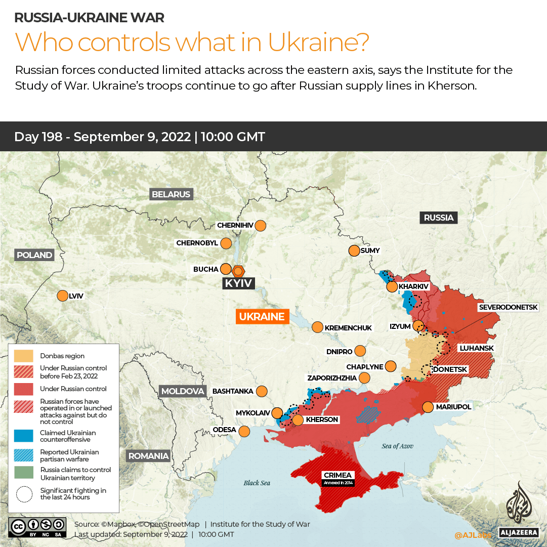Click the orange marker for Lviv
coord(63,296)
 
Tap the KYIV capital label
coord(238,283)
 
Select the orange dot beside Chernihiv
coord(261,225)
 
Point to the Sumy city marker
coord(354,250)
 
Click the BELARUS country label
coord(171,194)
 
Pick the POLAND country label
coord(34,255)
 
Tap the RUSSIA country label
coord(438,218)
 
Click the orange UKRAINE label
coord(262,317)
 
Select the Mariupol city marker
coord(428,407)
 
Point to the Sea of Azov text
coord(398,446)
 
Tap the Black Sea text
coord(257,483)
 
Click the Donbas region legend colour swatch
coord(24,356)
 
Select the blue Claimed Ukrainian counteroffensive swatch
coord(24,436)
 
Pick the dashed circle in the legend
coord(24,494)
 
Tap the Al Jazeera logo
coord(519,509)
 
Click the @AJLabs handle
coord(473,535)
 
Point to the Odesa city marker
coord(244,431)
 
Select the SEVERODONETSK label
coord(512,307)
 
